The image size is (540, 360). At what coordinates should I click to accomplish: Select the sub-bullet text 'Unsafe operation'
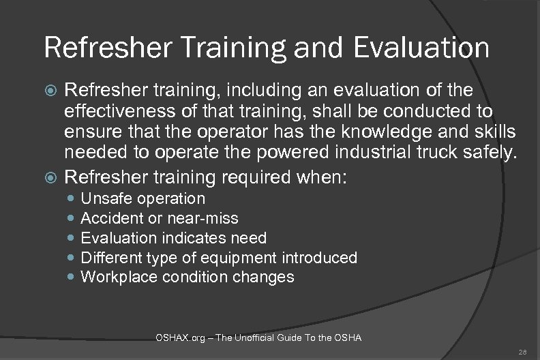[142, 198]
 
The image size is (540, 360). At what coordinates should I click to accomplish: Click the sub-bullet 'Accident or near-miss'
[159, 218]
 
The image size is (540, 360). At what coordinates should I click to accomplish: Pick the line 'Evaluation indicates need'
[173, 238]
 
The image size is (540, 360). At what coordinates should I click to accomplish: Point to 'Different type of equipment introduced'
[219, 258]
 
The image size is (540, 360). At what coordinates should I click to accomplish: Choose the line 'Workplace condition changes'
[187, 277]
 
